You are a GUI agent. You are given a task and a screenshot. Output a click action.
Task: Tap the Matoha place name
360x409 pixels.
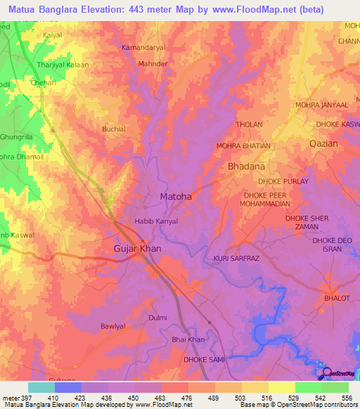[176, 197]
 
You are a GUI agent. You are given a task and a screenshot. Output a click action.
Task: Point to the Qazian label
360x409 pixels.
[323, 143]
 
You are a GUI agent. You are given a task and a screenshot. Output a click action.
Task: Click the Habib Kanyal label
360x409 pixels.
[156, 221]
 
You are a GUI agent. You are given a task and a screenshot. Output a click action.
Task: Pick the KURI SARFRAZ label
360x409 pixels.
[238, 259]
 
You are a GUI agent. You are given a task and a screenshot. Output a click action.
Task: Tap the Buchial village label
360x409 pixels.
[114, 129]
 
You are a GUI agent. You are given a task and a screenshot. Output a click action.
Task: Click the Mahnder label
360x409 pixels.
[154, 63]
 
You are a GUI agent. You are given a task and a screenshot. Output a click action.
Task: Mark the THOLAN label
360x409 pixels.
[249, 125]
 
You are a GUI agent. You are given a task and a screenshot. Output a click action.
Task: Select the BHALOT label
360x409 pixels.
[337, 299]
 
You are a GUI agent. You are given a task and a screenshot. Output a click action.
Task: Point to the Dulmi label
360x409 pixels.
[158, 318]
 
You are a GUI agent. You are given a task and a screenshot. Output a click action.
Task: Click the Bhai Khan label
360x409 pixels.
[188, 340]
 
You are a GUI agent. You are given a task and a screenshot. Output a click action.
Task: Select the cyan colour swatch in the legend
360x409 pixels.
[41, 387]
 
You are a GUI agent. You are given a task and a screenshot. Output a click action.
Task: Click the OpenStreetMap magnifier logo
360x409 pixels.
[325, 374]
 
